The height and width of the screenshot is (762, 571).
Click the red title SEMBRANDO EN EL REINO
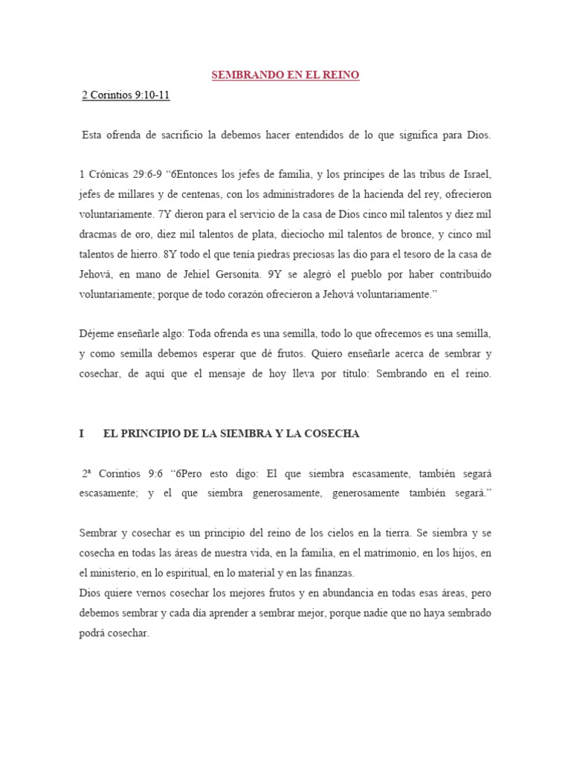[x=285, y=76]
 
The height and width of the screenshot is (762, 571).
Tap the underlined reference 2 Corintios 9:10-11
[x=131, y=95]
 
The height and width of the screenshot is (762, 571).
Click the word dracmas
[x=100, y=234]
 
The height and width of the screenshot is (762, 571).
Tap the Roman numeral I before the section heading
[x=81, y=434]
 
